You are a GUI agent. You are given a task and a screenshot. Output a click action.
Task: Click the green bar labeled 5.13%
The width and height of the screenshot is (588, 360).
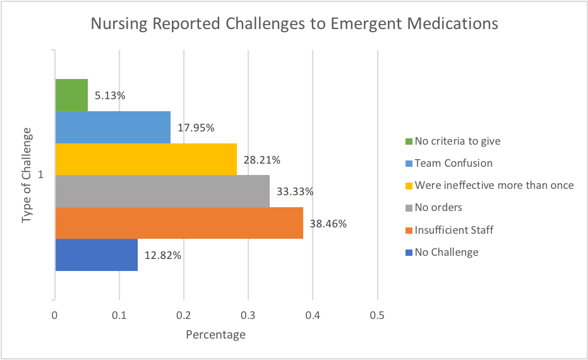[71, 95]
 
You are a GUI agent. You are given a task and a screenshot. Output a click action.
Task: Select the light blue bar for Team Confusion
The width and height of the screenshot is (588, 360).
[112, 127]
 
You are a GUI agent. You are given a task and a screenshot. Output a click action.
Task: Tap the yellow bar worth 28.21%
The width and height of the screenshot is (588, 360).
[146, 159]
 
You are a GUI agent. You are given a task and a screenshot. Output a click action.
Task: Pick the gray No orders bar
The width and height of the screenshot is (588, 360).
[162, 191]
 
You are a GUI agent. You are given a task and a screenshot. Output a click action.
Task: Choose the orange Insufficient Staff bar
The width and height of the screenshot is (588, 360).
[179, 223]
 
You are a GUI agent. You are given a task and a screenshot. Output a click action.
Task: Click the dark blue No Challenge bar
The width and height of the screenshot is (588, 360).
[97, 255]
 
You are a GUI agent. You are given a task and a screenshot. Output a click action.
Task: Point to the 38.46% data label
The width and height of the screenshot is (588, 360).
[328, 224]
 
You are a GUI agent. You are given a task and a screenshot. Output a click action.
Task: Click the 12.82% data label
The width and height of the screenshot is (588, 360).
[163, 256]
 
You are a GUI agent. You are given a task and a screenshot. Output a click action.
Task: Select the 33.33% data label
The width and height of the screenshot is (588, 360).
[295, 191]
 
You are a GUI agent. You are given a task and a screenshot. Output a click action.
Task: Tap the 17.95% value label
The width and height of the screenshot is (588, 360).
[196, 128]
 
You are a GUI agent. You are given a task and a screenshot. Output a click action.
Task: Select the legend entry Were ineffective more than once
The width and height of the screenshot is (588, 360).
[493, 185]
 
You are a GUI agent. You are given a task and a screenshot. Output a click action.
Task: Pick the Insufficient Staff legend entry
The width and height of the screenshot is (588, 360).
[453, 230]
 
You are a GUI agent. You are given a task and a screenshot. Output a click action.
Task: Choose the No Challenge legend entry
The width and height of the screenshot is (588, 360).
[446, 252]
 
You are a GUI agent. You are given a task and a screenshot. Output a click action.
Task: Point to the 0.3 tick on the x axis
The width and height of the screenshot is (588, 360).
[248, 315]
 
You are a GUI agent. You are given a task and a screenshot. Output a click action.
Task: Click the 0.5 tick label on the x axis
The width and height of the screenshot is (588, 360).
[377, 315]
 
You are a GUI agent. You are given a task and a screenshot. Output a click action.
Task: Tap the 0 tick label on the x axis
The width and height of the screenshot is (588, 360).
[55, 315]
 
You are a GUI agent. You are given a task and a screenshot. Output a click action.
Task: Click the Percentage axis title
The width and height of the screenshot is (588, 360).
[215, 334]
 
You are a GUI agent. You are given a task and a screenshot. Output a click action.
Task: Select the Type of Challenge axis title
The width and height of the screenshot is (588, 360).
[27, 175]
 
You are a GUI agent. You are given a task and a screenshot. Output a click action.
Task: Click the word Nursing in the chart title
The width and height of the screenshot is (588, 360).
[120, 24]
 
